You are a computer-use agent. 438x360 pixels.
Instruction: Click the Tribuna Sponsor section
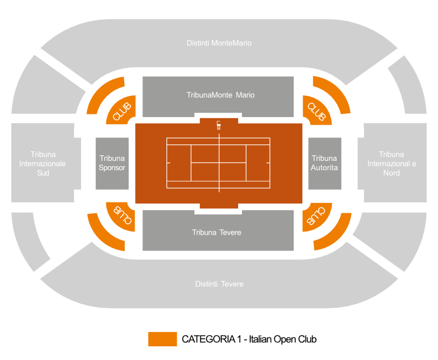tap(112, 163)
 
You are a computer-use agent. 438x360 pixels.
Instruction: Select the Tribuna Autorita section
tap(325, 163)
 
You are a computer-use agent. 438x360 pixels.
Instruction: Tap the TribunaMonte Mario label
tap(221, 95)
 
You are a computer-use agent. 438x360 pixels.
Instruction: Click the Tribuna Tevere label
tap(216, 233)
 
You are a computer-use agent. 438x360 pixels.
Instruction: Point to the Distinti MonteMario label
tap(219, 43)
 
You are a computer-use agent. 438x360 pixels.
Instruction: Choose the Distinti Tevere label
tap(220, 284)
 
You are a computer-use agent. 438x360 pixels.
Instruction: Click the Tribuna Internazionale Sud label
tap(43, 164)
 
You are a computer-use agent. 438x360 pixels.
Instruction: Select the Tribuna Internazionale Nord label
tap(391, 164)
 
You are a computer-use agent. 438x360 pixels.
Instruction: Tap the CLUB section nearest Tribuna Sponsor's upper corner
tap(122, 111)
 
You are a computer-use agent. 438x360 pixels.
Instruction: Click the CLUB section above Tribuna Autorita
tap(316, 111)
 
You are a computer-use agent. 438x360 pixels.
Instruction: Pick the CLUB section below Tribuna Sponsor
tap(122, 216)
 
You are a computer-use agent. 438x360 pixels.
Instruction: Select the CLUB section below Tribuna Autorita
tap(316, 216)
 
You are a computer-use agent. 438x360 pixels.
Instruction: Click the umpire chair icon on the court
tap(218, 125)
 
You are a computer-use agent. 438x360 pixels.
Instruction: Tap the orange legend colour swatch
tap(163, 339)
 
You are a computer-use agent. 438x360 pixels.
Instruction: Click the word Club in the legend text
tap(307, 339)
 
